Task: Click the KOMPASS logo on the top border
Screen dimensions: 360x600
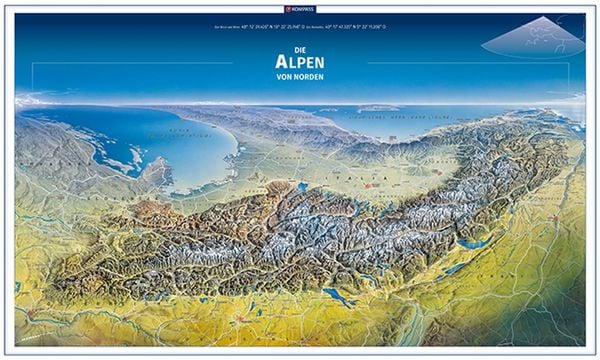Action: point(300,7)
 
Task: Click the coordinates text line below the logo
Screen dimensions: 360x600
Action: point(300,28)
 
